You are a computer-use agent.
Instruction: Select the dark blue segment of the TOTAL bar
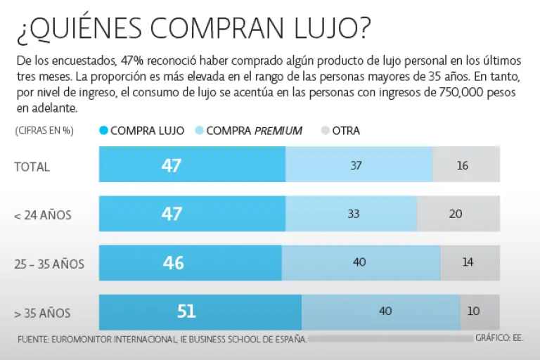pos(192,165)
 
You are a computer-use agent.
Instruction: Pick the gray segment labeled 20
pos(458,214)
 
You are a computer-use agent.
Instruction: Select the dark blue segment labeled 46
pos(190,263)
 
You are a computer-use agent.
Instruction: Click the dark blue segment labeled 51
pos(200,311)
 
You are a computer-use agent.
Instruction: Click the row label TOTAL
pos(32,167)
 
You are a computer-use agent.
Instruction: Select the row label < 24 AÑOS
pos(43,215)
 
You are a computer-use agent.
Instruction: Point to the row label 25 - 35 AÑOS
pos(49,264)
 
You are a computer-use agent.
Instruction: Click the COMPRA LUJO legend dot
pos(105,130)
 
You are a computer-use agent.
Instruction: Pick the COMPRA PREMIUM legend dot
pos(199,130)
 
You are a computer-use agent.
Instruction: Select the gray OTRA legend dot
pos(325,130)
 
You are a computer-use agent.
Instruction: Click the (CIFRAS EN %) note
pos(44,130)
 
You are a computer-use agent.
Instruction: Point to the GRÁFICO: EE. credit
pos(499,338)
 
